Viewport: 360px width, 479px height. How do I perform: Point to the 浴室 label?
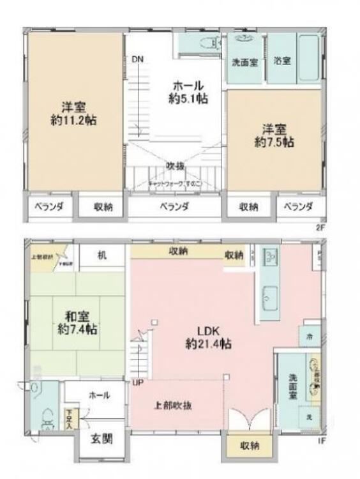(283, 61)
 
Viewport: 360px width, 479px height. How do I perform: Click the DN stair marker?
(138, 60)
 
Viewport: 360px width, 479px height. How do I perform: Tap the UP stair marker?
(137, 383)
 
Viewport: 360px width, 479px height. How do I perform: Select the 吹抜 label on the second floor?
(176, 166)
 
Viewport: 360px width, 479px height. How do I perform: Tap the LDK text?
(208, 331)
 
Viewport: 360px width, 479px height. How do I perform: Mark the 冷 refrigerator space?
(310, 335)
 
